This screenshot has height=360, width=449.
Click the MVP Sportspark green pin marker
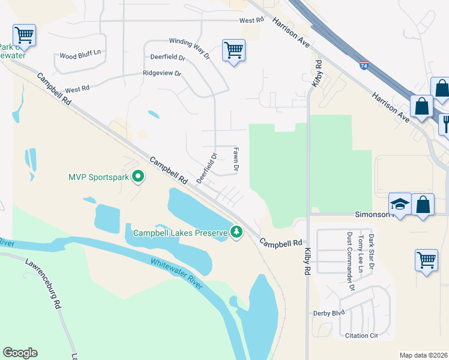(138, 177)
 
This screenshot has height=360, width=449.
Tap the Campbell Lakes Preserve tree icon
(237, 232)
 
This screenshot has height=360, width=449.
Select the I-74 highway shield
(364, 65)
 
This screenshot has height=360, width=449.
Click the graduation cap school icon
(399, 204)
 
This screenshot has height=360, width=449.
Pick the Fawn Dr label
(236, 160)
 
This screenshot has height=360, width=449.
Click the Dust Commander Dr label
(351, 261)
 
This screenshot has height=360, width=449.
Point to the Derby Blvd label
(329, 313)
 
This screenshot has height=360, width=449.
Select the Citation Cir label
(361, 336)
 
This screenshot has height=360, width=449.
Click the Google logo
(20, 352)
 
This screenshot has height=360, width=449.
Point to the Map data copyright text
(423, 355)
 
